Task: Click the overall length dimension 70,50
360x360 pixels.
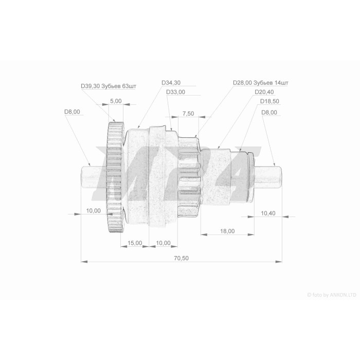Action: coord(181,258)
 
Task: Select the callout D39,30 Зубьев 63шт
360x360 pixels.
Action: coord(109,86)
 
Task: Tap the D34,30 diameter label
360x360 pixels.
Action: coord(171,83)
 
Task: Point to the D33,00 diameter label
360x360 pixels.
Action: coord(176,92)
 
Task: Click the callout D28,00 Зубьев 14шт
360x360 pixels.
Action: coord(261,83)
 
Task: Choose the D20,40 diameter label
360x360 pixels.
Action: coord(264,92)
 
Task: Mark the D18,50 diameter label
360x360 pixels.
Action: coord(269,101)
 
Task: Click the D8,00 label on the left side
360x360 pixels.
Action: coord(72,112)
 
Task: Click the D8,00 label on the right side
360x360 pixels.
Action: coord(269,113)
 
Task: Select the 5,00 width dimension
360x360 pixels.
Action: coord(116,101)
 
